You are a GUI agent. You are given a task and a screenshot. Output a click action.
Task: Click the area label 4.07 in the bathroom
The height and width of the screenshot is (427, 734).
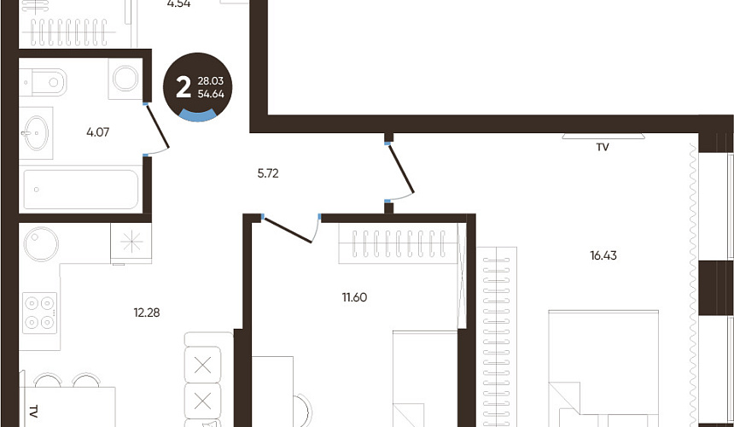(98, 132)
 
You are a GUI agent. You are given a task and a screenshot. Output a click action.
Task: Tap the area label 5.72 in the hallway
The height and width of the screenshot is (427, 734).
(268, 173)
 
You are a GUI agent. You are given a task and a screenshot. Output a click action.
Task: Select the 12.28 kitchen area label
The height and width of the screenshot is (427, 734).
(147, 313)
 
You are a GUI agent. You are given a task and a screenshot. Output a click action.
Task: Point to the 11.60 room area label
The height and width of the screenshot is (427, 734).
(354, 297)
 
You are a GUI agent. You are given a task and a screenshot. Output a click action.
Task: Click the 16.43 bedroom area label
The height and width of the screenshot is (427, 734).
(603, 255)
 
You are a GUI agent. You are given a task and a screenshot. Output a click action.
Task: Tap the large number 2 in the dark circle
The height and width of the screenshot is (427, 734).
(183, 87)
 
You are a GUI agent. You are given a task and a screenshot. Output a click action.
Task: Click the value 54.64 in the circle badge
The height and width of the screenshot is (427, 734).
(211, 94)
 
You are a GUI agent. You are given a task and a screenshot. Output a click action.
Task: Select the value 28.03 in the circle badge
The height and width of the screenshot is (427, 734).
(211, 81)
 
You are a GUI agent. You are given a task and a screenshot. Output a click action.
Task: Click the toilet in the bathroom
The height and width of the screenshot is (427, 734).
(43, 82)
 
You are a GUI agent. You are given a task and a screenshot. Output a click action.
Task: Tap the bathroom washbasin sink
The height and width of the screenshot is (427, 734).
(36, 133)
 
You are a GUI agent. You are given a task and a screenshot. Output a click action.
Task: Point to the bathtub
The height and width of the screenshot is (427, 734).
(80, 190)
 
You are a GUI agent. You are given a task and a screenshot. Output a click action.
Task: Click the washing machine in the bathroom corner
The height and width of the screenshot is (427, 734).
(125, 79)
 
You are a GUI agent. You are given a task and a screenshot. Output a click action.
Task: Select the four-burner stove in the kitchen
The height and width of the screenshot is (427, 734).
(40, 313)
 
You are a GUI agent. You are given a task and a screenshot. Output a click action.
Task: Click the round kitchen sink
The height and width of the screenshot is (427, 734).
(41, 244)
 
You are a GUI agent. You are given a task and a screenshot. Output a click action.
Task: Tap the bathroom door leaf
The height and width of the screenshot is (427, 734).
(157, 126)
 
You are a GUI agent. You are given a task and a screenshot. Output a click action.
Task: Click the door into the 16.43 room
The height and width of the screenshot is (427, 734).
(400, 167)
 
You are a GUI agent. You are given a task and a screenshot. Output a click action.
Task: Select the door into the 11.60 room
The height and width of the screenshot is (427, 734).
(287, 230)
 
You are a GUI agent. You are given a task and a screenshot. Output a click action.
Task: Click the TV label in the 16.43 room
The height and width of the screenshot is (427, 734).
(603, 147)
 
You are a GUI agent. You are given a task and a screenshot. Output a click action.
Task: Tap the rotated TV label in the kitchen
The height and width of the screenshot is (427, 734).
(32, 412)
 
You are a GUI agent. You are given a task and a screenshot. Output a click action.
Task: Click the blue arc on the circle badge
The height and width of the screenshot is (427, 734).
(197, 114)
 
